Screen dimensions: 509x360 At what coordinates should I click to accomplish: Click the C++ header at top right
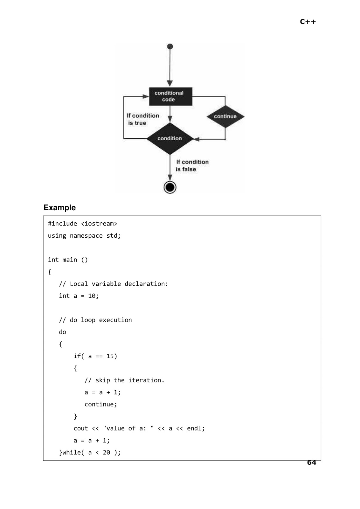coord(308,22)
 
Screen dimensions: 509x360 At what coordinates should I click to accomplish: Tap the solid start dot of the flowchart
coord(170,46)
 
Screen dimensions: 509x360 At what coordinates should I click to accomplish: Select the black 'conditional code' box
coord(170,96)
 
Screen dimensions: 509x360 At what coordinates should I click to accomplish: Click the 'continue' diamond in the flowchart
coord(225,116)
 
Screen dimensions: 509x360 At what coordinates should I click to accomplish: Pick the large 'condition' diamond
coord(170,138)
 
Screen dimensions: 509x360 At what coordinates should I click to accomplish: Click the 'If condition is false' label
coord(192,165)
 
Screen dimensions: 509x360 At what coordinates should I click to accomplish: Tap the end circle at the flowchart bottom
coord(170,187)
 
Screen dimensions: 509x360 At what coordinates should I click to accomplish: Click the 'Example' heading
coord(59,207)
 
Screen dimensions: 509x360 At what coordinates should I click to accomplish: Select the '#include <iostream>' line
coord(82,224)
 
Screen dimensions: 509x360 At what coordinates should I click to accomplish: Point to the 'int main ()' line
coord(68,260)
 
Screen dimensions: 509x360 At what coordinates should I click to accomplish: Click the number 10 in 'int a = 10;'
coord(92,296)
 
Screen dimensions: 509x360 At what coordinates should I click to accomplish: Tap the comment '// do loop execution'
coord(95,320)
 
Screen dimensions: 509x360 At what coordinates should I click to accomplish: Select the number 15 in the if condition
coord(110,356)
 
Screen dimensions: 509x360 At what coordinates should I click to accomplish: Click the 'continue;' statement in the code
coord(100,404)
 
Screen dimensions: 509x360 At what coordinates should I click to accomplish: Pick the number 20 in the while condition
coord(106,452)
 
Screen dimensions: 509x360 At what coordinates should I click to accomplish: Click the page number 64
coord(311,462)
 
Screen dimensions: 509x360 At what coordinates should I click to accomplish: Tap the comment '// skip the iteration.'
coord(124,380)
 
